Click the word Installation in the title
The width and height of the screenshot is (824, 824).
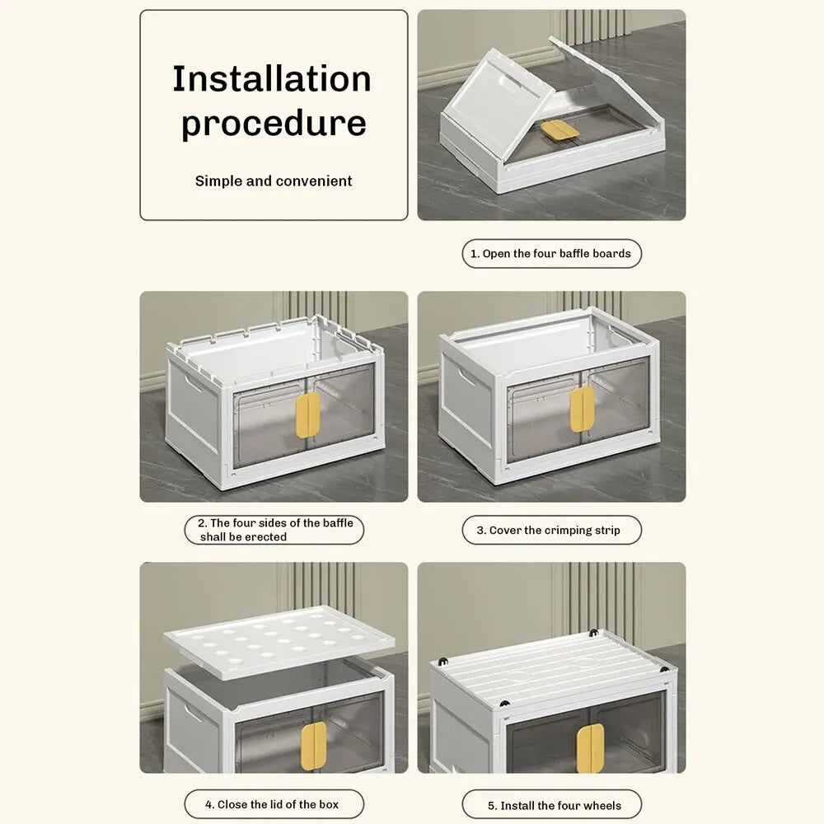point(272,79)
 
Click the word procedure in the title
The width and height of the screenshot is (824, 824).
point(274,124)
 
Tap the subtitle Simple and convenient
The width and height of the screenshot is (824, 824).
point(274,180)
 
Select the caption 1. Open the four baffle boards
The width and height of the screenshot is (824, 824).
point(551,253)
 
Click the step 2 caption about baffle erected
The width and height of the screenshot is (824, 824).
point(274,530)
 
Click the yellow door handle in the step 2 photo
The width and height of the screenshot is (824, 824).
point(308,414)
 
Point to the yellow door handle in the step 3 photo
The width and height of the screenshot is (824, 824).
point(583,409)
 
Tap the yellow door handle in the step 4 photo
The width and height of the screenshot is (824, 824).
point(314,744)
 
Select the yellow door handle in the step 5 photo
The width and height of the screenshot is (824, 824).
point(590,748)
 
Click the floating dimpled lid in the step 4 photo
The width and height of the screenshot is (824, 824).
point(279,641)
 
